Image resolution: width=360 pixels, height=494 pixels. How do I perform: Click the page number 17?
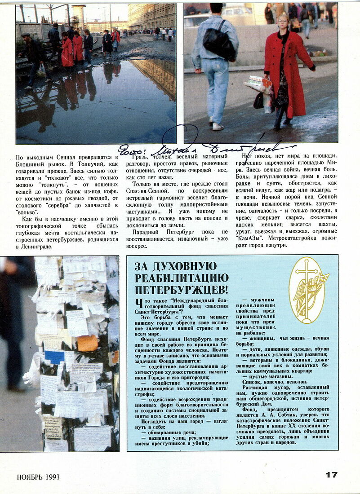click(331, 475)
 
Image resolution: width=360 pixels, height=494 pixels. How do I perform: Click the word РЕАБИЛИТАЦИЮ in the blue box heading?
click(182, 278)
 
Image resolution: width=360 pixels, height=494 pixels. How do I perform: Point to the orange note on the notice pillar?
click(87, 343)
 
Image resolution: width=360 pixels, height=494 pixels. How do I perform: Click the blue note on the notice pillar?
click(54, 357)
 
